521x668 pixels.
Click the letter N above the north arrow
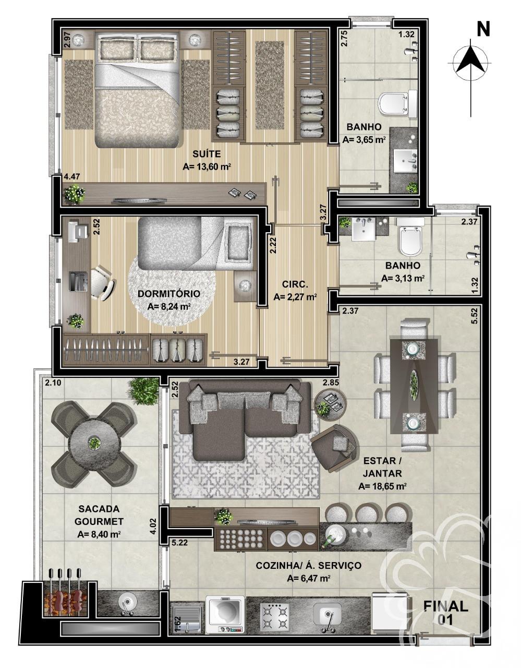coord(483,30)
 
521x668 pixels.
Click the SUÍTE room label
coord(207,154)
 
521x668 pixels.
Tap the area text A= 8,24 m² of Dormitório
coord(168,306)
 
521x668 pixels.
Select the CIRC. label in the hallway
coord(295,284)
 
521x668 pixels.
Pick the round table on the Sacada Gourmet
coord(94,443)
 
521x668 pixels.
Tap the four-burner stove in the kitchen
coord(274,617)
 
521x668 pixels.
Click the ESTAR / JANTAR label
coord(382,468)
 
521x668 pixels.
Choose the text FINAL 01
coord(445,613)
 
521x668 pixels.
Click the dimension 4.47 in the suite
coord(71,177)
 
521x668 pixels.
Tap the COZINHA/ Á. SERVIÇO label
coord(308,565)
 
